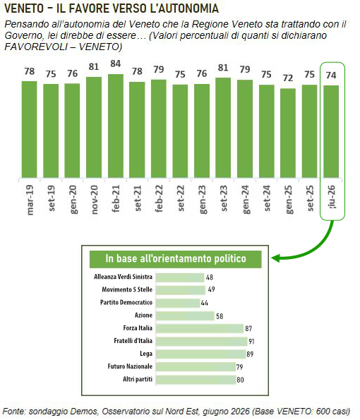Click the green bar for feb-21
click(116, 126)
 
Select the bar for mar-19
click(29, 129)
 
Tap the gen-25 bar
click(288, 133)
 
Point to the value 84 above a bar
click(116, 64)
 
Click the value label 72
click(288, 78)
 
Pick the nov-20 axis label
click(95, 200)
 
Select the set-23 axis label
click(224, 198)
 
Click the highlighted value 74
click(331, 76)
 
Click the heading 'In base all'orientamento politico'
click(176, 259)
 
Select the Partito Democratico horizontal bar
click(178, 303)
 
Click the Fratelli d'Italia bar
click(201, 341)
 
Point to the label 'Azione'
click(143, 316)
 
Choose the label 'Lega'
click(146, 354)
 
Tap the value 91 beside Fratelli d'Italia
click(251, 342)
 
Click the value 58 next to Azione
click(220, 316)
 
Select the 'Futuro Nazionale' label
click(130, 366)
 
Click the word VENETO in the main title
click(24, 8)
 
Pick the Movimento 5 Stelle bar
click(181, 290)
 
